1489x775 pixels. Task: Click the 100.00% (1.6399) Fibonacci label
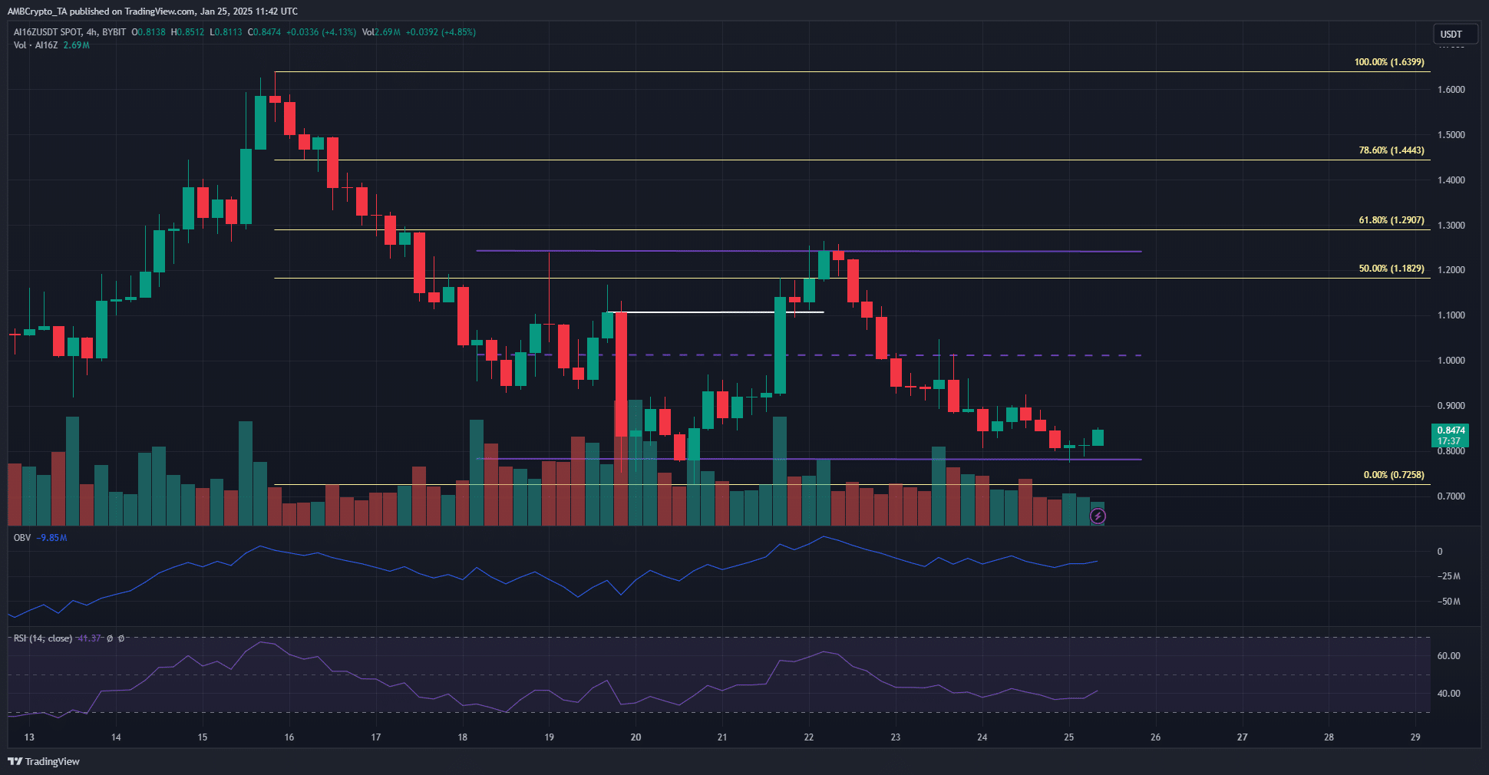coord(1388,62)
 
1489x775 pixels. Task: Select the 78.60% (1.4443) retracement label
coord(1391,150)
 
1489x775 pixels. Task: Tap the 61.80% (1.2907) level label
coord(1391,220)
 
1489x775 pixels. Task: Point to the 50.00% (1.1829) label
coord(1391,269)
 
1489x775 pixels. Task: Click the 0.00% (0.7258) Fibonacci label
coord(1393,475)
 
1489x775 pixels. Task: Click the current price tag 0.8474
coord(1451,430)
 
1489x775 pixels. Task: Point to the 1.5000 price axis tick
coord(1451,135)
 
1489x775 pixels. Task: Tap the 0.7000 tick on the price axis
coord(1451,496)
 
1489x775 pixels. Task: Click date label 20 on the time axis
coord(636,737)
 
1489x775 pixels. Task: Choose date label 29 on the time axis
coord(1415,737)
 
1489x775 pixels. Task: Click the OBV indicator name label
coord(22,538)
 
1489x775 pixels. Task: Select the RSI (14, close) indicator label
coord(43,638)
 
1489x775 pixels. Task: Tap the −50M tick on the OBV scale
coord(1449,602)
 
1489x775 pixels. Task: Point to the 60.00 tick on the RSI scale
coord(1448,656)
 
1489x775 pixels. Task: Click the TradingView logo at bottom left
coord(44,761)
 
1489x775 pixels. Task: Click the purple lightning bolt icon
coord(1098,516)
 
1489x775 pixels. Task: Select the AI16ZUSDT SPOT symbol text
coord(48,32)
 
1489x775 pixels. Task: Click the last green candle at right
coord(1098,437)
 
